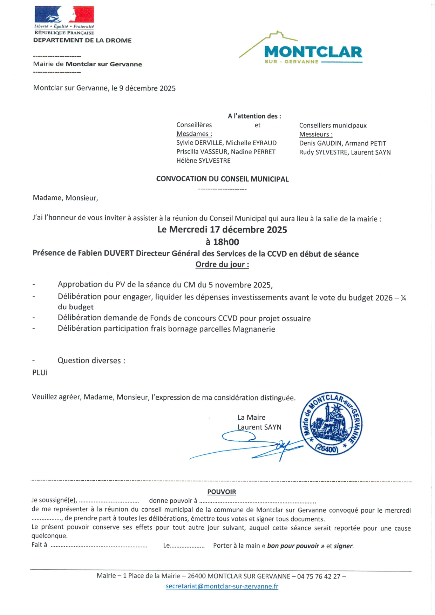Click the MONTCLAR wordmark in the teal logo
coord(313,52)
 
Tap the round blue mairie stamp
coord(331,423)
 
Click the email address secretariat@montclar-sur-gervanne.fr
coord(222,586)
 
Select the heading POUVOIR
coord(222,492)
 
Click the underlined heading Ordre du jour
coord(222,264)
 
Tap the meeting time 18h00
coord(226,242)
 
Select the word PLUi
coord(40,373)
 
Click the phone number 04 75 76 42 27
coord(319,576)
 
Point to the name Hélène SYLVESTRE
coord(203,161)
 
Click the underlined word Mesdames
coord(194,134)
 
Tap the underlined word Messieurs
coord(315,134)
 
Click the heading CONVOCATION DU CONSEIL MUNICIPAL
coord(222,179)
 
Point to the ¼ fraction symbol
coord(403,298)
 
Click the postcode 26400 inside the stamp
coord(327,448)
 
